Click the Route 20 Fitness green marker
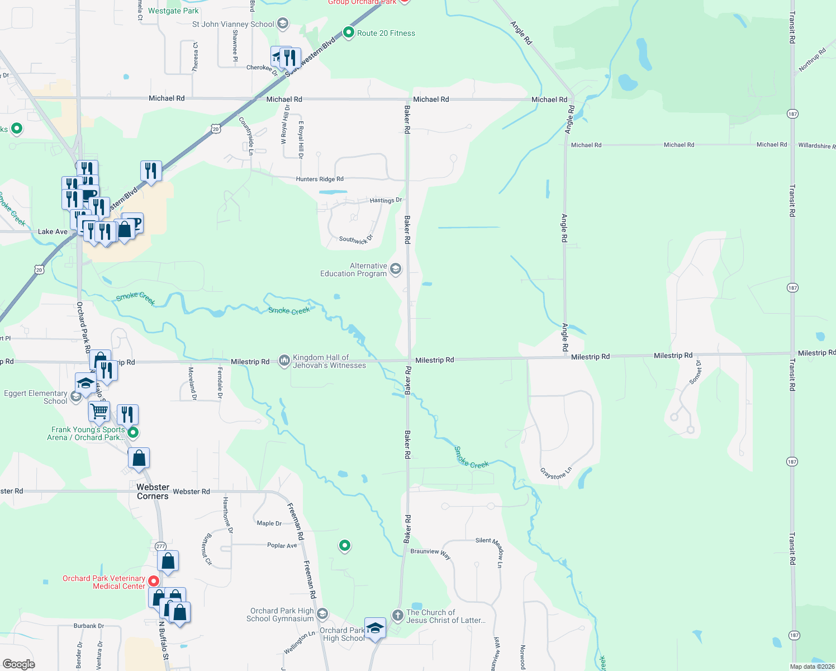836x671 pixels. tap(349, 32)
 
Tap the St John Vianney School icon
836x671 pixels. tap(283, 23)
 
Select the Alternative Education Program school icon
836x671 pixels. tap(396, 270)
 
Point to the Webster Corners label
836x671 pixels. tap(153, 492)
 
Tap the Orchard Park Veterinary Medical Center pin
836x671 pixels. tap(153, 582)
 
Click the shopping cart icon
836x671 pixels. tap(99, 411)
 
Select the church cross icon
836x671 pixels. tap(397, 616)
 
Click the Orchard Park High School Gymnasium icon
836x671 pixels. tap(322, 615)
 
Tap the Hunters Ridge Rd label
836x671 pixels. tap(320, 179)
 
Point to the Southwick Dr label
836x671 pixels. tap(356, 239)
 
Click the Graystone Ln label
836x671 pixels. tap(556, 473)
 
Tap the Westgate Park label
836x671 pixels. tap(173, 11)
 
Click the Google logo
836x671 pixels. tap(19, 664)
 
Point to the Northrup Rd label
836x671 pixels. tap(812, 60)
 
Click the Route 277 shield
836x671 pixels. tap(160, 546)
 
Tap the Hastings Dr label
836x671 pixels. tap(386, 200)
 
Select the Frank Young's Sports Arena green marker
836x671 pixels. tap(133, 432)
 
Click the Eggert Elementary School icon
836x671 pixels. tap(76, 396)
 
